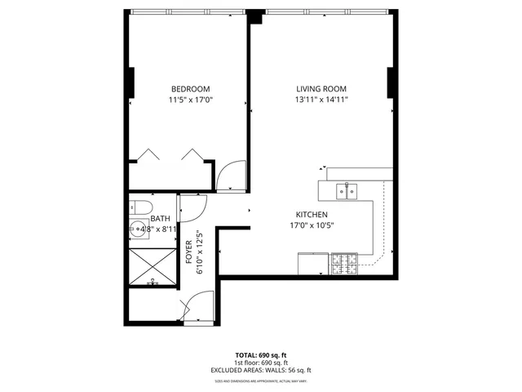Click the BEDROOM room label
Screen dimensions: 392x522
pyautogui.click(x=190, y=89)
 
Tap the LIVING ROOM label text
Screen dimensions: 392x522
pyautogui.click(x=321, y=89)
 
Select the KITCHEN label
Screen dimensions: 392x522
pyautogui.click(x=312, y=215)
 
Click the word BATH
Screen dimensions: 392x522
pyautogui.click(x=160, y=218)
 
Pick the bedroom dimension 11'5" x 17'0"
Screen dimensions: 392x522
pyautogui.click(x=190, y=100)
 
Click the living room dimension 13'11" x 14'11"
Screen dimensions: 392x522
pyautogui.click(x=321, y=100)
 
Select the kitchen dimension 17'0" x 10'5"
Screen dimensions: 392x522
pyautogui.click(x=312, y=225)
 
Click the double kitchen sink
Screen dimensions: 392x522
pyautogui.click(x=348, y=192)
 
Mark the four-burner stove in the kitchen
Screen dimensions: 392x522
pyautogui.click(x=344, y=264)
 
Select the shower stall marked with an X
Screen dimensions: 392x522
pyautogui.click(x=152, y=267)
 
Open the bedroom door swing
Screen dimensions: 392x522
pyautogui.click(x=231, y=175)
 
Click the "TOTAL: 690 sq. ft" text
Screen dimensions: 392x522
pyautogui.click(x=261, y=355)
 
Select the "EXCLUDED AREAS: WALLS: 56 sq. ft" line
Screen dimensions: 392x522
pyautogui.click(x=261, y=370)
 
